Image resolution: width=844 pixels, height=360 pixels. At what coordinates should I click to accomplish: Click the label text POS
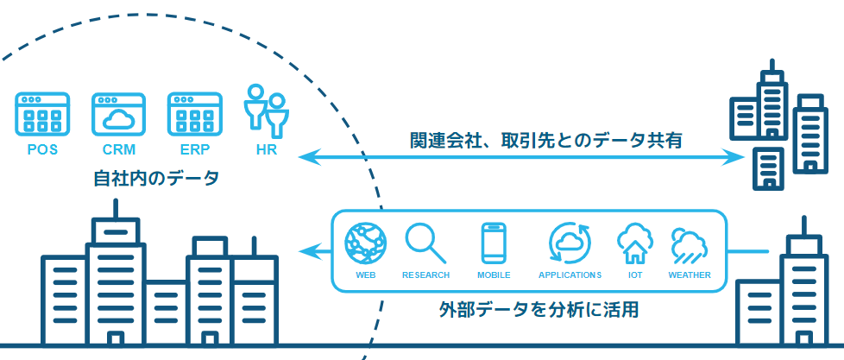click(x=42, y=149)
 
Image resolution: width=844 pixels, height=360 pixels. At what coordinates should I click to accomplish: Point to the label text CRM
click(x=119, y=149)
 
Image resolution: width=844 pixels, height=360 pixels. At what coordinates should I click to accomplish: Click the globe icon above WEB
click(x=366, y=243)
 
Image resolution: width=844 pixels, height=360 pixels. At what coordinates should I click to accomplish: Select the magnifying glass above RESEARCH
click(x=425, y=243)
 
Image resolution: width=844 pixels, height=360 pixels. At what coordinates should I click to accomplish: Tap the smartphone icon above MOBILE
click(x=494, y=243)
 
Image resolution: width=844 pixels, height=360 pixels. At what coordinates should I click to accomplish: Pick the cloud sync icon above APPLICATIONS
click(x=570, y=243)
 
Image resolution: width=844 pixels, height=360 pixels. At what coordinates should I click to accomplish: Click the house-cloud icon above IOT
click(x=634, y=244)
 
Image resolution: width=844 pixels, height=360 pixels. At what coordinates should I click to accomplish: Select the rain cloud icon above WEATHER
click(x=690, y=245)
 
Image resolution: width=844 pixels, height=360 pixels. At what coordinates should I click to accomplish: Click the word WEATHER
click(x=690, y=275)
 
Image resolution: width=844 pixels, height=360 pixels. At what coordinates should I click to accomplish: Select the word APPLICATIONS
click(x=570, y=275)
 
